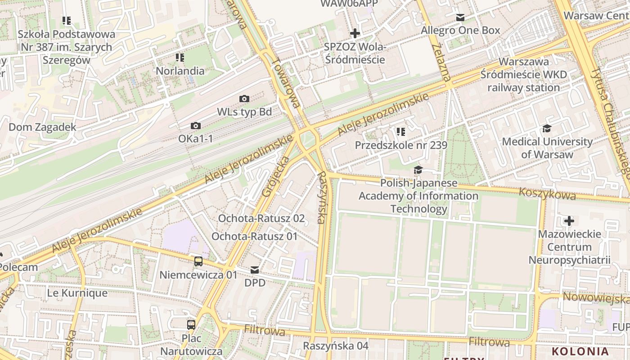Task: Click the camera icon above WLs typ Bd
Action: point(244,99)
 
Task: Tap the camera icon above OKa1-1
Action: point(196,126)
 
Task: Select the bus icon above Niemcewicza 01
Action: point(198,261)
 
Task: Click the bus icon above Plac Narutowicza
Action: point(191,324)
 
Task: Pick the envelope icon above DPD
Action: point(255,270)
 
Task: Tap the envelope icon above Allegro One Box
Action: point(460,18)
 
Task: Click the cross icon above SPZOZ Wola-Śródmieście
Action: point(355,33)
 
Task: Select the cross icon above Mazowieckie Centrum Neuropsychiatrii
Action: point(569,221)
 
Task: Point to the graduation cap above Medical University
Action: point(547,129)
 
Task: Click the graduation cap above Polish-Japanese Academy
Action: point(418,170)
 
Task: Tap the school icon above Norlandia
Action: point(180,58)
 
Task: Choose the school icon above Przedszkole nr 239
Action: point(401,132)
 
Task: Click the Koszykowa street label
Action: point(547,194)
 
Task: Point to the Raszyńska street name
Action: point(321,197)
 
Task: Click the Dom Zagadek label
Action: point(42,127)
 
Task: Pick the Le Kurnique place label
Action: point(77,293)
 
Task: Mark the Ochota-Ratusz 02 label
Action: point(261,219)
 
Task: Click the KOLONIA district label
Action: point(580,351)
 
